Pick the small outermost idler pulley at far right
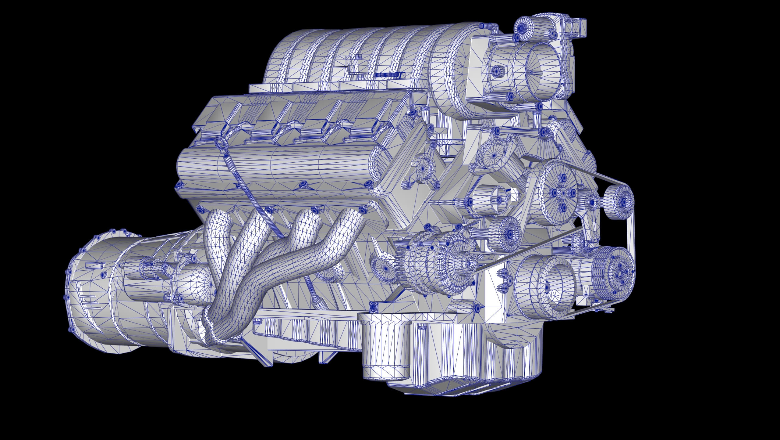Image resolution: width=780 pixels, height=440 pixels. click(619, 202)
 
